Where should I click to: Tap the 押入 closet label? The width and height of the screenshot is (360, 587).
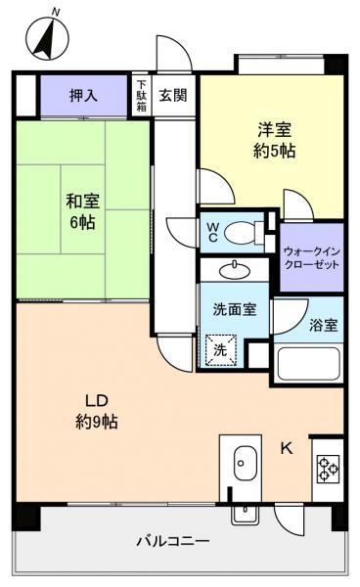(x=83, y=96)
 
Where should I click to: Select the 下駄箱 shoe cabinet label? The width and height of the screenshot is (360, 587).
(x=142, y=96)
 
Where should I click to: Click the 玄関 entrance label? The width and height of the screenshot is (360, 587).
(x=173, y=96)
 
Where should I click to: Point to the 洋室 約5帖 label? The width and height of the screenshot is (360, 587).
(x=274, y=140)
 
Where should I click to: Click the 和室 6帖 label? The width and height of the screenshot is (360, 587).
(x=83, y=212)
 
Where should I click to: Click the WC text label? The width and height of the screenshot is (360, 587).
(x=213, y=232)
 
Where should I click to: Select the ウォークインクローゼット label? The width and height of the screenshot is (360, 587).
(x=312, y=257)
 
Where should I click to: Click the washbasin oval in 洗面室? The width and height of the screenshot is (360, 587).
(x=235, y=271)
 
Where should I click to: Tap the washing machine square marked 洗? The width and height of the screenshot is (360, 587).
(x=221, y=350)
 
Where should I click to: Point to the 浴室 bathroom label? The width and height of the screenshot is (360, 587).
(x=324, y=325)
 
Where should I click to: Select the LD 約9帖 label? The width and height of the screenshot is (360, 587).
(x=97, y=411)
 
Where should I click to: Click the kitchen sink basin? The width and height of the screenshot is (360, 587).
(x=246, y=463)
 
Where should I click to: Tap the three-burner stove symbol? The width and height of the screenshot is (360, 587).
(x=328, y=469)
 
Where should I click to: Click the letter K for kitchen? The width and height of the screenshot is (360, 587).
(x=287, y=448)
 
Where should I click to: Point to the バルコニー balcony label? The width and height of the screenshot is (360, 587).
(x=172, y=541)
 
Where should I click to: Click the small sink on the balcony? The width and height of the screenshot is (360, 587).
(x=246, y=514)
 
